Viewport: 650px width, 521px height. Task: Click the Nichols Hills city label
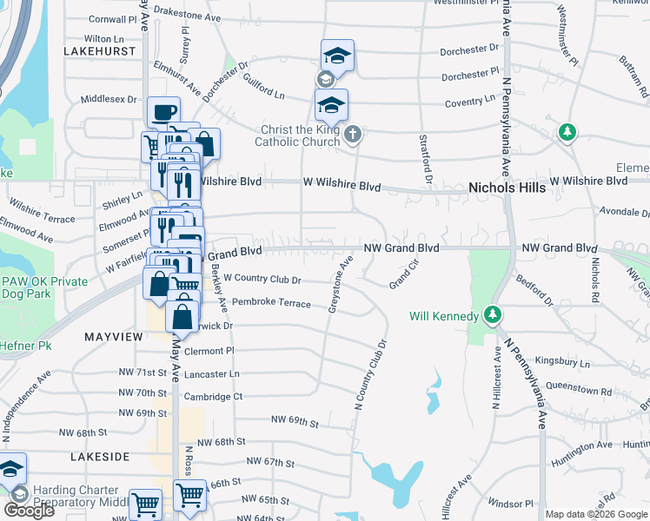click(x=507, y=187)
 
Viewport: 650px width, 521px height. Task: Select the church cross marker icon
click(x=352, y=134)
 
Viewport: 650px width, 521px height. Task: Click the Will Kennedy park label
click(x=443, y=315)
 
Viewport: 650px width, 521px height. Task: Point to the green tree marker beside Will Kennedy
click(x=493, y=313)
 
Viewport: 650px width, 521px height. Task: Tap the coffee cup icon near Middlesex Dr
click(x=163, y=112)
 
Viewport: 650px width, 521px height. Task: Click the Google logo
click(x=28, y=511)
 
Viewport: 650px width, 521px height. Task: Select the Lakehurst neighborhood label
click(x=101, y=51)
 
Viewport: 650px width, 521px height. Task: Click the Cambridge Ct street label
click(x=213, y=397)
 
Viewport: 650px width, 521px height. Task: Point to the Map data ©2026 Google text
click(x=596, y=514)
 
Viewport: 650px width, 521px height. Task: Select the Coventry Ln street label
click(x=468, y=102)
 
